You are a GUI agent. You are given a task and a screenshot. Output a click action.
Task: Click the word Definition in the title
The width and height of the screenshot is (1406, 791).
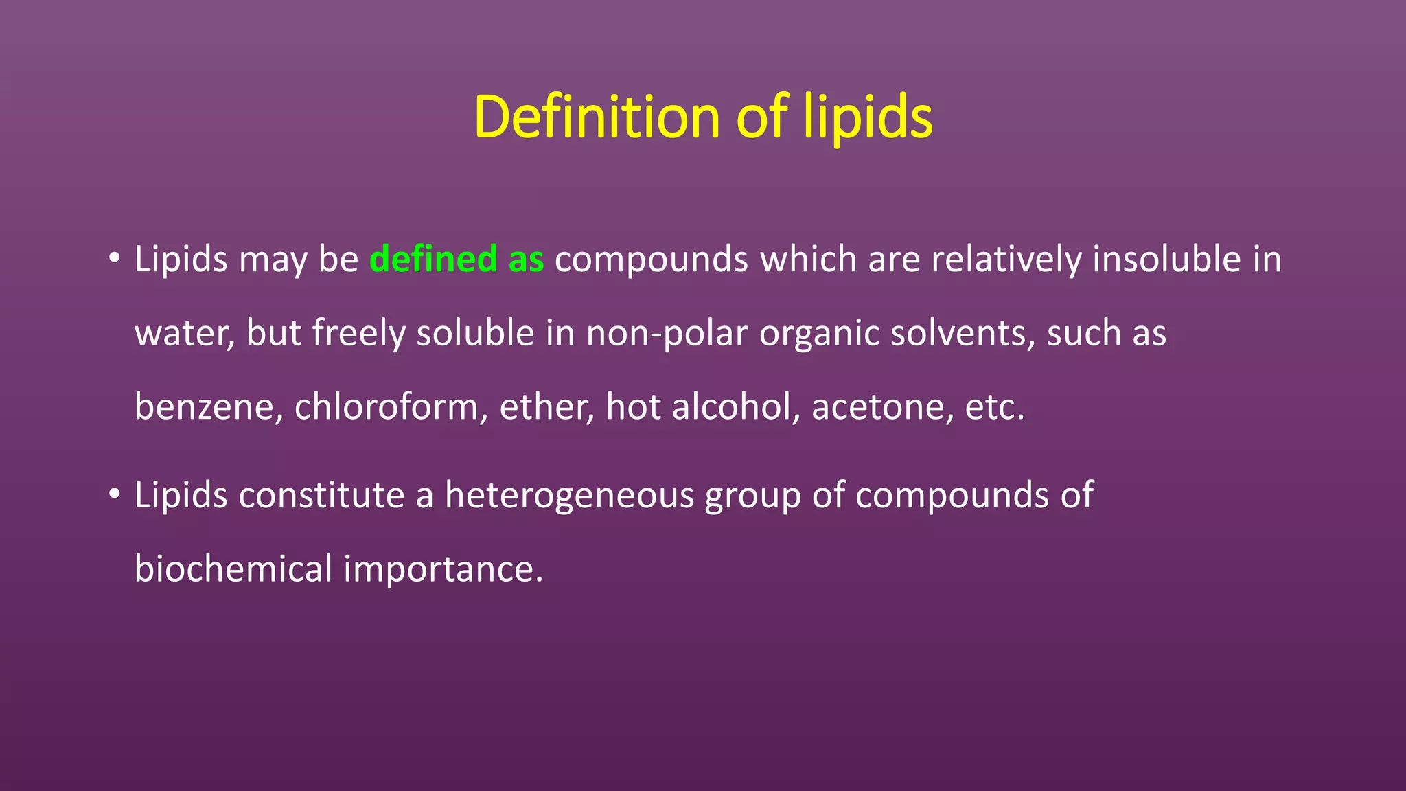pos(596,117)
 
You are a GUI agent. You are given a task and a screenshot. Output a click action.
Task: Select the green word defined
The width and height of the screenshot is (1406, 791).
pos(433,260)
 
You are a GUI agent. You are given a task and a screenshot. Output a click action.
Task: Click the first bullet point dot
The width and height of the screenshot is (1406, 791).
pos(114,259)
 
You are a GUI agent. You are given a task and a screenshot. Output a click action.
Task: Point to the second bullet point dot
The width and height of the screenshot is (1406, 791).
pos(114,494)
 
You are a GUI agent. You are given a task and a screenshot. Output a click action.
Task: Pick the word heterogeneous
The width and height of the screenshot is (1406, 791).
pos(569,496)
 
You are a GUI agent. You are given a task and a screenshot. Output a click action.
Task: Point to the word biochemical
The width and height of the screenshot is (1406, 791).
pos(233,569)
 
